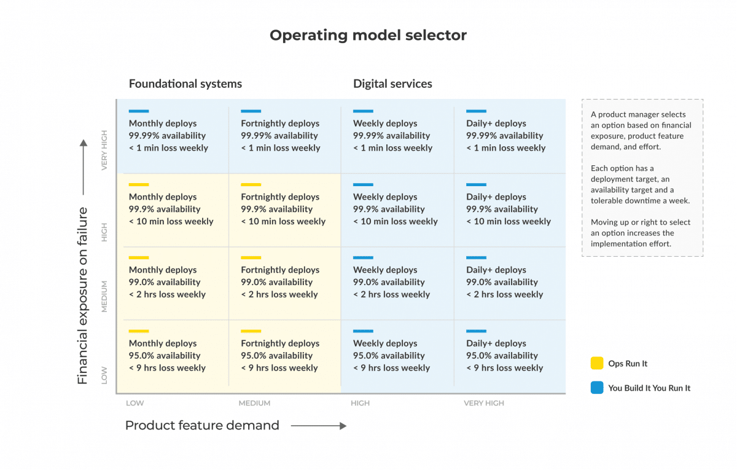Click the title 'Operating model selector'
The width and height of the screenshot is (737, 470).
tap(368, 35)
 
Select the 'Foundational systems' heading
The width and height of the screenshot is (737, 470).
tap(185, 84)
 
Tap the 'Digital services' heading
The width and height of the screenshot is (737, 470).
tap(392, 84)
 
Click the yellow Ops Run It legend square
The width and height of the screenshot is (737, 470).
tap(597, 363)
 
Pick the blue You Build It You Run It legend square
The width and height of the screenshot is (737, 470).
tap(597, 388)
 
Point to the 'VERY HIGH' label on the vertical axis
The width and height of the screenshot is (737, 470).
tap(104, 150)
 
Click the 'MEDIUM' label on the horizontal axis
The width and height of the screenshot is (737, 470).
tap(254, 403)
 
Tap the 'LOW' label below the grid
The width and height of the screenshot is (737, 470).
tap(135, 403)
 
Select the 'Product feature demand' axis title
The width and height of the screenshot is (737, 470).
tap(202, 426)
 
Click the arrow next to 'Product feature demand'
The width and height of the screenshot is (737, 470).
tap(319, 426)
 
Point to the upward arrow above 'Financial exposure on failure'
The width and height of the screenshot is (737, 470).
tap(84, 167)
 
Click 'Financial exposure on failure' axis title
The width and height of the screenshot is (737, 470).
tap(82, 296)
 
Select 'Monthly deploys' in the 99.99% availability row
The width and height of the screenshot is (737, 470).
tap(163, 123)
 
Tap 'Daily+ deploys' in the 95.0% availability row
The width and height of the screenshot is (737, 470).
tap(496, 343)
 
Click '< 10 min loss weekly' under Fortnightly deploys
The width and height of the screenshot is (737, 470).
tap(283, 222)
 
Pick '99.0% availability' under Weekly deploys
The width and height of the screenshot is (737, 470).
tap(389, 282)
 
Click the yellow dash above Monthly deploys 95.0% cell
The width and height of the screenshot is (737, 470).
tap(139, 331)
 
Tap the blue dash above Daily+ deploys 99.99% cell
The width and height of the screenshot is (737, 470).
tap(476, 111)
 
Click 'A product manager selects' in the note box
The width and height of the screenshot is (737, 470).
tap(638, 114)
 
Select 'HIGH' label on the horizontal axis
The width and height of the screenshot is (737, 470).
tap(361, 403)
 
